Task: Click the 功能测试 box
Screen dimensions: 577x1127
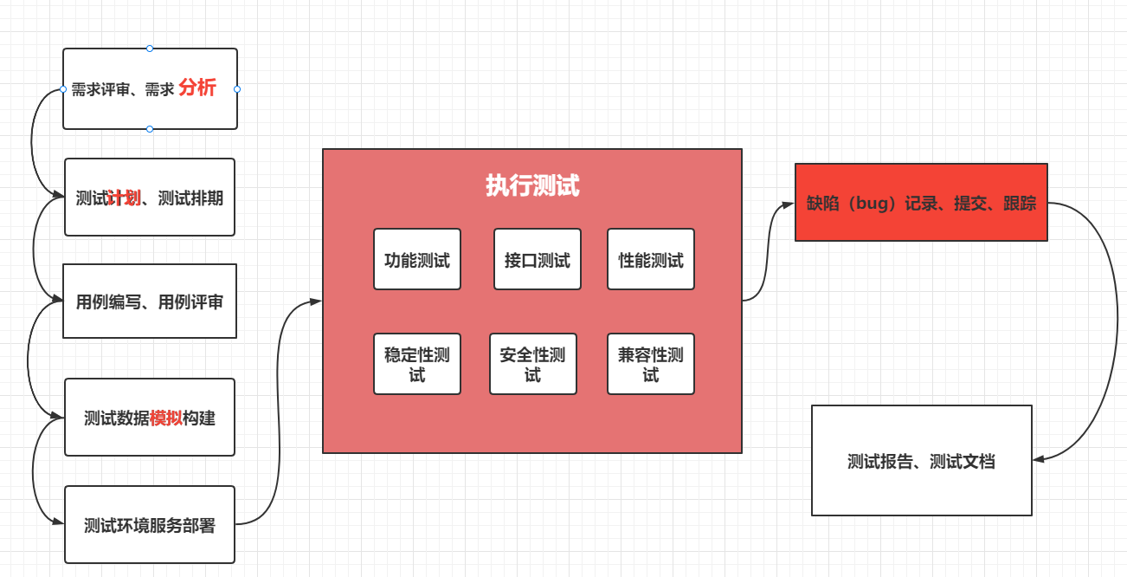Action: [416, 259]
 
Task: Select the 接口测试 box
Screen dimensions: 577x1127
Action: [537, 259]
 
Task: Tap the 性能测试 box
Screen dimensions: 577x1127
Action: [650, 259]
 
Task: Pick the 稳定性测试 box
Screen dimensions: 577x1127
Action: [416, 364]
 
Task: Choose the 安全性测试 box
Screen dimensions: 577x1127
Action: [532, 364]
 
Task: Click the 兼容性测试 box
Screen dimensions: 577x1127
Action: [650, 364]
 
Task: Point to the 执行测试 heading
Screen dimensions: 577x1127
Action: [531, 186]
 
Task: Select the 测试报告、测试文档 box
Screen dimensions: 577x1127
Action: [921, 461]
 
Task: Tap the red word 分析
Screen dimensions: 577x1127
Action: [197, 88]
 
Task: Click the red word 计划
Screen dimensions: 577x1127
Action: [124, 198]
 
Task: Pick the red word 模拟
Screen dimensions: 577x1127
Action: [166, 418]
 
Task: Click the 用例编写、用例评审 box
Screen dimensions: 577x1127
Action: [149, 301]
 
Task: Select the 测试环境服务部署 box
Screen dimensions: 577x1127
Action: [149, 525]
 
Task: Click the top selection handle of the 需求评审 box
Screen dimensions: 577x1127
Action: [150, 49]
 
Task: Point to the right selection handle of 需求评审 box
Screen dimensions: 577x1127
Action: [237, 88]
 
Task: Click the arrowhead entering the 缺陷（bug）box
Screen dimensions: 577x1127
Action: [789, 204]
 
